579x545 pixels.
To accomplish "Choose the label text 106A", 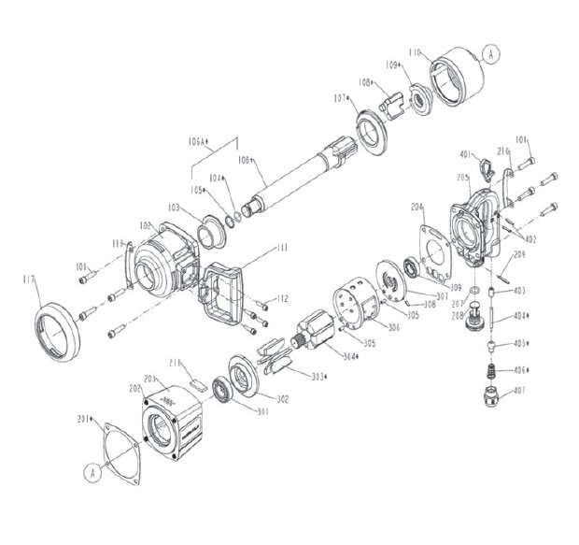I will point(197,142).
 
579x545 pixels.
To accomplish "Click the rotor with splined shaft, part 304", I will point(314,335).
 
